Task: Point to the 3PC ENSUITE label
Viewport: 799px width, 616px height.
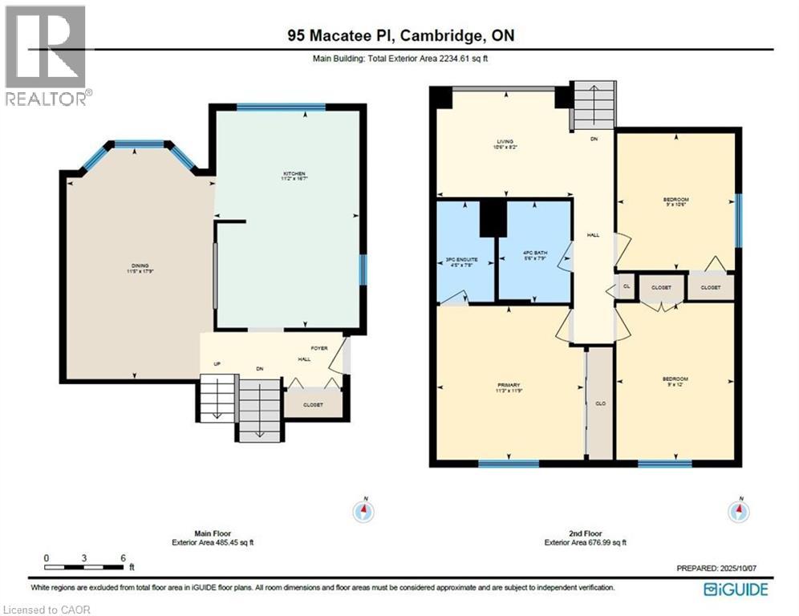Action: coord(465,259)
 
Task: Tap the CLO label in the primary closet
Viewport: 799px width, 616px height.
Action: coord(599,403)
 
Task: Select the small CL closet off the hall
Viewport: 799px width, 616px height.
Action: coord(626,286)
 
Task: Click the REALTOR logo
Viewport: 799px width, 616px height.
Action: coord(47,56)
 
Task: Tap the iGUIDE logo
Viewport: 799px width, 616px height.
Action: coord(736,590)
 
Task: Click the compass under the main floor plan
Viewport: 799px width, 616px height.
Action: coord(364,510)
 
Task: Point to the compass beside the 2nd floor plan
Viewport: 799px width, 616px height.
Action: coord(740,510)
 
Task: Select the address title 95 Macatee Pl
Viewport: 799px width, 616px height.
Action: coord(399,35)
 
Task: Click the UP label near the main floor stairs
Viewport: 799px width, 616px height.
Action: coord(217,364)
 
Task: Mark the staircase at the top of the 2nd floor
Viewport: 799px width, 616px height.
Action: coord(593,105)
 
